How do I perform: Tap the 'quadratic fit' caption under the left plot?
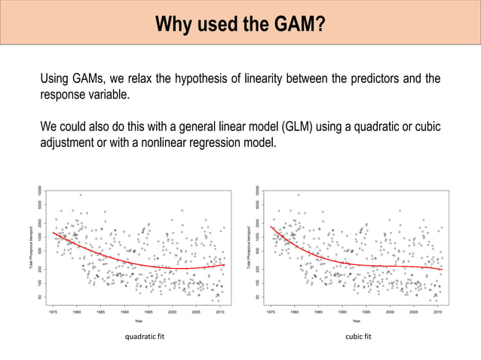click(x=143, y=337)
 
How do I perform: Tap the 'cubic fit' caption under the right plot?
click(x=358, y=337)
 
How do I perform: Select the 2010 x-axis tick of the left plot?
click(x=219, y=310)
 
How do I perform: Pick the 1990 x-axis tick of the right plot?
click(x=342, y=310)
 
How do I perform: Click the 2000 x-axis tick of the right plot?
click(x=390, y=310)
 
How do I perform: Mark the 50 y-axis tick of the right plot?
click(x=257, y=297)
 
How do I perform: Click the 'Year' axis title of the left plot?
click(x=139, y=320)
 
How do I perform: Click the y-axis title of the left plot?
click(x=31, y=245)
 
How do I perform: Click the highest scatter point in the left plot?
click(x=81, y=194)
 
